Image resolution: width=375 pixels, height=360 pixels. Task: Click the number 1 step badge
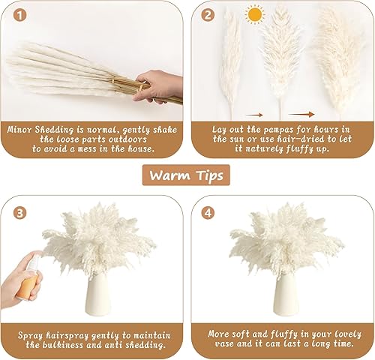click(20, 14)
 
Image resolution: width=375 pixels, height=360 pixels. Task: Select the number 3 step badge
click(20, 212)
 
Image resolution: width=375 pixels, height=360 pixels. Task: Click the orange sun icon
click(256, 14)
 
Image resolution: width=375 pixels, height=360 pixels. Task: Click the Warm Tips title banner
click(187, 175)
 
